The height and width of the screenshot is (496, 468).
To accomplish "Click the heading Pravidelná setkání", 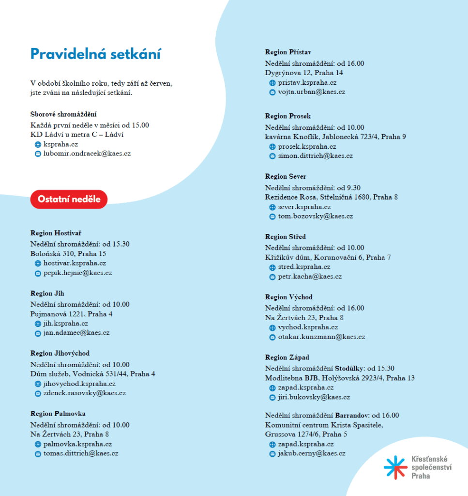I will point(95,54).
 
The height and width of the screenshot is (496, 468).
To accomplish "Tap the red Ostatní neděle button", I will point(69,199).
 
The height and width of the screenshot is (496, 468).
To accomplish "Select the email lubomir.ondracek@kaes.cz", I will point(87,154).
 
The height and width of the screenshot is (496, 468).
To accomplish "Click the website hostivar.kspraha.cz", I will point(75,263).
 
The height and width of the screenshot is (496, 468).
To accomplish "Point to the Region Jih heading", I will point(47,294).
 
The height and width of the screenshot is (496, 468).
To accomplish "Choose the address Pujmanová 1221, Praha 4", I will point(71,314).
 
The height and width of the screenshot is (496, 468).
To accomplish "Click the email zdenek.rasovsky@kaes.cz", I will point(85,393).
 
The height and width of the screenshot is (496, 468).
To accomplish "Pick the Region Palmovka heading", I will point(58,414).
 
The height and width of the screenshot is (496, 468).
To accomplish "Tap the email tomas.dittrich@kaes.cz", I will point(81,453).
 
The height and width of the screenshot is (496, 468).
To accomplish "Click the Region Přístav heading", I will point(288,52).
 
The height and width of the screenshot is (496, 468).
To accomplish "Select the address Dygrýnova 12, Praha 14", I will point(304,73).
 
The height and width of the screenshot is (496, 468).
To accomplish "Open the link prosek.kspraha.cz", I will point(307,146).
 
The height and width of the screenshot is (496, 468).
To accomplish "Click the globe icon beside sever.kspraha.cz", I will point(272,207).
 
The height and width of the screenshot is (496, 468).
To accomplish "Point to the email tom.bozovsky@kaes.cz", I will point(315,217).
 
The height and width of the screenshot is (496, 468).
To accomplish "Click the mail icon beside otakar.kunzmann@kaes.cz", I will point(272,337).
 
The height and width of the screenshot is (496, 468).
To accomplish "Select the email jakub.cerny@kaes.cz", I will point(311,453).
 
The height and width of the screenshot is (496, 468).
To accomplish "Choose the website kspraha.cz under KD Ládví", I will point(60,144).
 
